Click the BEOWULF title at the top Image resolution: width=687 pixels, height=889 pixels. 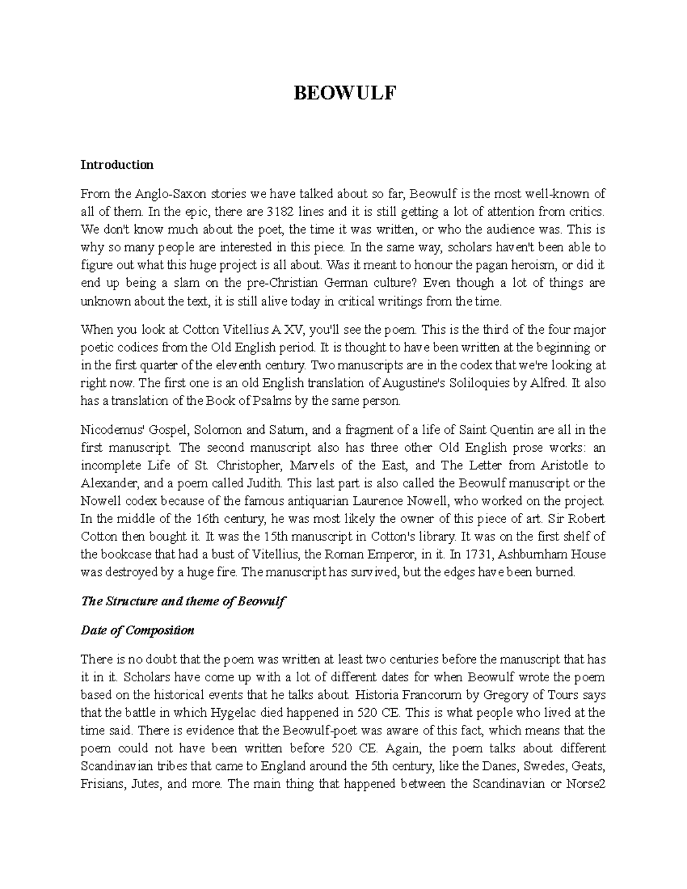pos(344,93)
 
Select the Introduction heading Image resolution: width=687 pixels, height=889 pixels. pos(117,165)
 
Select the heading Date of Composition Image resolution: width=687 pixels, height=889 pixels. pos(137,630)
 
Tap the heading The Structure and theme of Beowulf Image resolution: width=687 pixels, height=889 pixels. pos(183,602)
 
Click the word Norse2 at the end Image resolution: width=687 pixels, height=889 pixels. pos(584,784)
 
